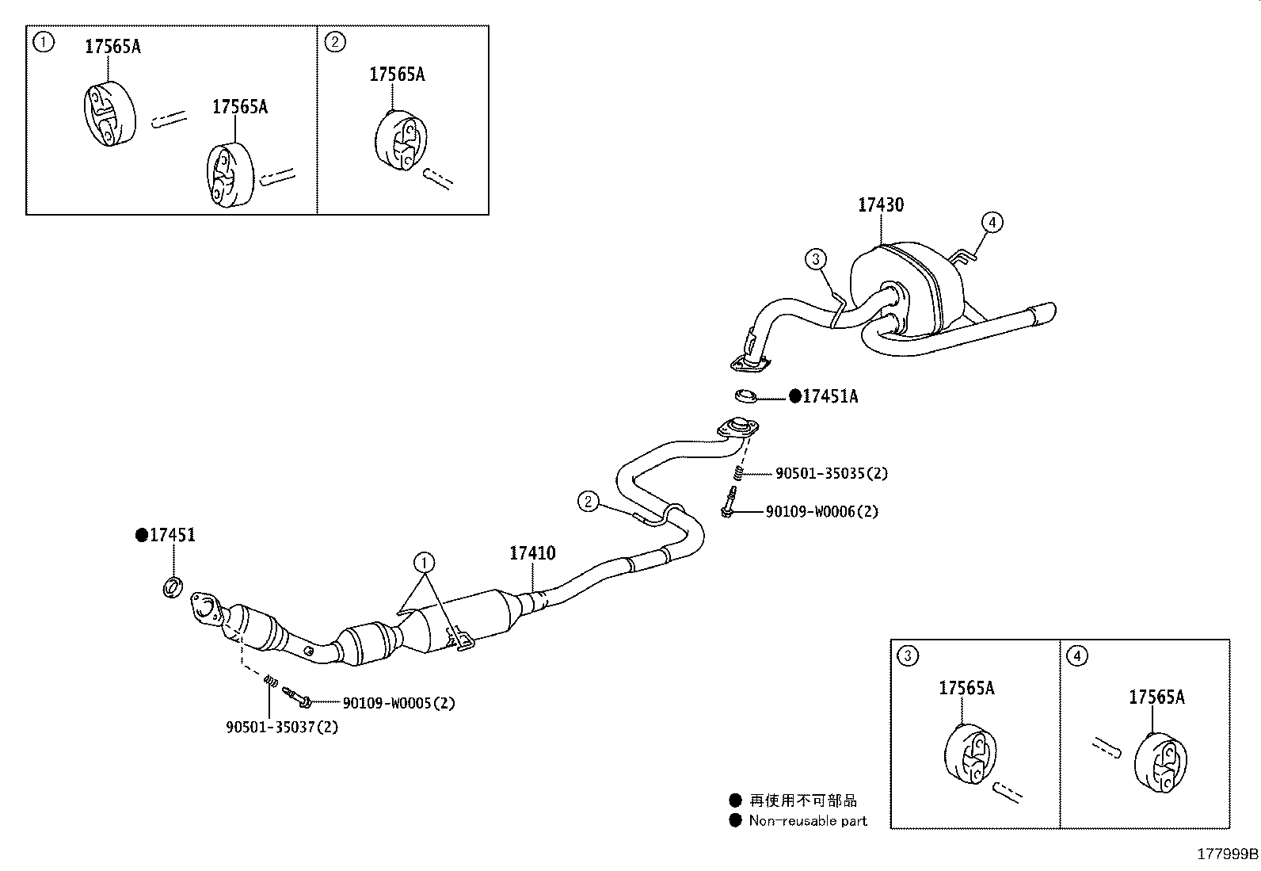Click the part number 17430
pos(881,205)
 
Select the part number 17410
pos(532,553)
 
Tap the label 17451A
pos(829,396)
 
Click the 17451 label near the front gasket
pos(172,536)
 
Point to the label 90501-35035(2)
pos(832,474)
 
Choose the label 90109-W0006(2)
pos(821,512)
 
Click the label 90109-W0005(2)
pos(398,703)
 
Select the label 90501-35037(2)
pos(282,727)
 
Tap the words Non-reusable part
pos(808,821)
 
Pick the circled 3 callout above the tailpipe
pos(816,258)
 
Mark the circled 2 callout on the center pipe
pos(587,501)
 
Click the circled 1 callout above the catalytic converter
pos(424,563)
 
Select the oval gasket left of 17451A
pos(745,395)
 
